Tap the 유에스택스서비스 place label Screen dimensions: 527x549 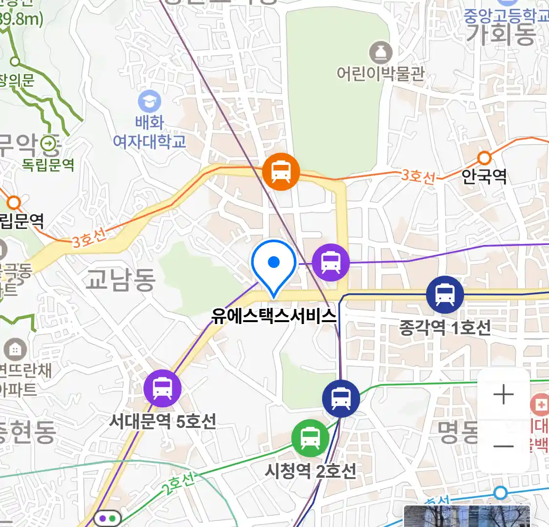pyautogui.click(x=274, y=316)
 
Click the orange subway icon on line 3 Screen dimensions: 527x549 pyautogui.click(x=281, y=172)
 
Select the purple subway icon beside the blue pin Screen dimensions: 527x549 pyautogui.click(x=331, y=263)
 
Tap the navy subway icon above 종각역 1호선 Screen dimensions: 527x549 pyautogui.click(x=445, y=295)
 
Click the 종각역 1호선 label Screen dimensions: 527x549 pyautogui.click(x=445, y=327)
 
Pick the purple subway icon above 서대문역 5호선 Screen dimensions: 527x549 pyautogui.click(x=163, y=389)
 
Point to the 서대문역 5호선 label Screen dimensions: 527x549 pyautogui.click(x=163, y=421)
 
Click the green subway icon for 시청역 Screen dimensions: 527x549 pyautogui.click(x=310, y=438)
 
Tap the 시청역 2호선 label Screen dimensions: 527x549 pyautogui.click(x=310, y=471)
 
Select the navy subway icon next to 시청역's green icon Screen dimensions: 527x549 pyautogui.click(x=341, y=399)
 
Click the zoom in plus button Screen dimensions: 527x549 pyautogui.click(x=504, y=394)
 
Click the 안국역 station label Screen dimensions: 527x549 pyautogui.click(x=484, y=176)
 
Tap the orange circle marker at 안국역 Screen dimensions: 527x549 pyautogui.click(x=484, y=158)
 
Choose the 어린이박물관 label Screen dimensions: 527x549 pyautogui.click(x=381, y=74)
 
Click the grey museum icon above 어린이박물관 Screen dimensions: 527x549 pyautogui.click(x=381, y=52)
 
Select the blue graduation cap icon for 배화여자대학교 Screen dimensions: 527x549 pyautogui.click(x=149, y=102)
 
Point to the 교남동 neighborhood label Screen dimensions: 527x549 pyautogui.click(x=121, y=279)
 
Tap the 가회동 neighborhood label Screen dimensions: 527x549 pyautogui.click(x=502, y=34)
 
